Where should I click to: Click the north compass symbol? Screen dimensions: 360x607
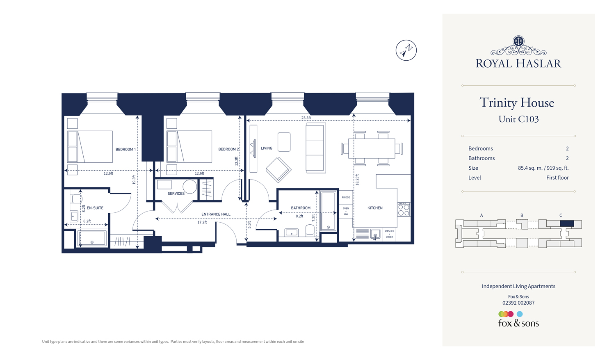coord(406,50)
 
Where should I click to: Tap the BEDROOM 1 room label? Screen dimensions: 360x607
coord(126,149)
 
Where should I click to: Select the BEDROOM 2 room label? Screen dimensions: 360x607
coord(228,149)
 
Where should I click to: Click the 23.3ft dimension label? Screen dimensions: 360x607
coord(306,118)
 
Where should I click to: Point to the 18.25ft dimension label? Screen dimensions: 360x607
coord(357,180)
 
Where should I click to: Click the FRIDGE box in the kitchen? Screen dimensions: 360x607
coord(346,197)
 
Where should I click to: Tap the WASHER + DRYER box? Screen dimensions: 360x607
coord(389,234)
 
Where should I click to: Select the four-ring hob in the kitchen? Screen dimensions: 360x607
coord(404,210)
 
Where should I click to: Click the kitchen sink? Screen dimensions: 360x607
coord(375,235)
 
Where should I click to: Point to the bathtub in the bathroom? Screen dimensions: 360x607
coord(328,211)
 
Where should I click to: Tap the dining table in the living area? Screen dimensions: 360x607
coord(372,148)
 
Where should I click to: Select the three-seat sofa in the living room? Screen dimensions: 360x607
coord(315,148)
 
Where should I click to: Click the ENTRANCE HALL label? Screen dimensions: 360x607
coord(216,214)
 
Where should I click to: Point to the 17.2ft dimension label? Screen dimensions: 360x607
coord(202,222)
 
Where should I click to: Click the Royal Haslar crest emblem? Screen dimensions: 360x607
coord(518,41)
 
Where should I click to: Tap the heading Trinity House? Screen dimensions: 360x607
coord(517,103)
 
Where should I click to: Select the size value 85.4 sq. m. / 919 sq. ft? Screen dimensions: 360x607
coord(543,168)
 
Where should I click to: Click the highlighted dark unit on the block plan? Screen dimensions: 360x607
coord(567,223)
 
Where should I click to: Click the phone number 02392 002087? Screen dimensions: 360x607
coord(518,303)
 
